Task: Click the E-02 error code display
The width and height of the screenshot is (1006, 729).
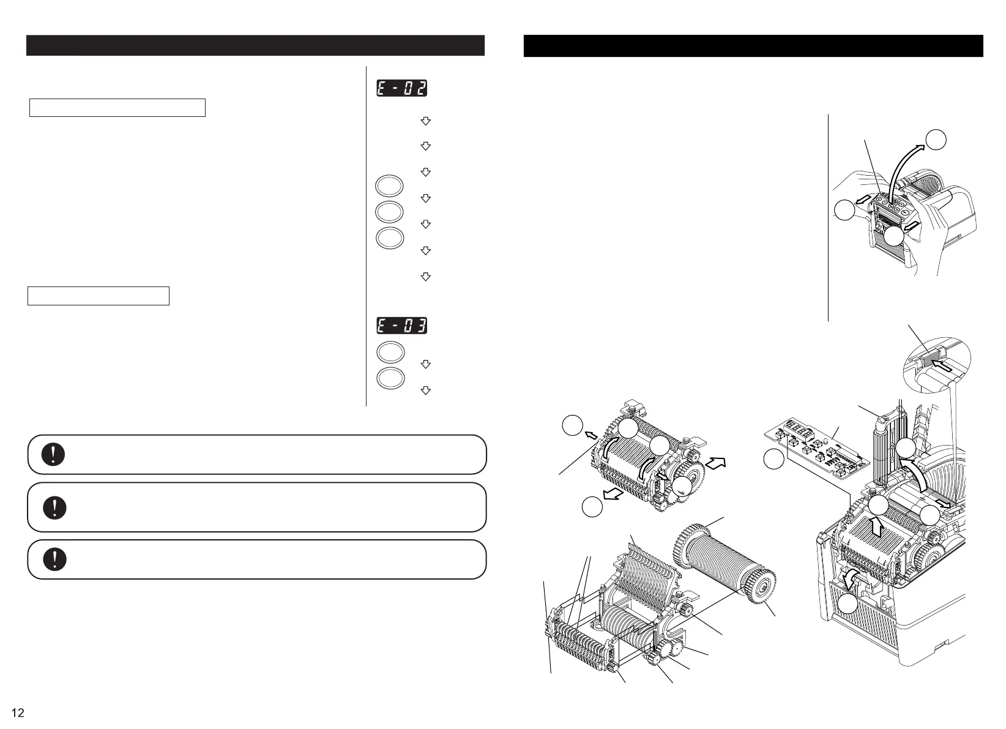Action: coord(401,88)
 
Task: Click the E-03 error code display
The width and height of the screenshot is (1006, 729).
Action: coord(401,326)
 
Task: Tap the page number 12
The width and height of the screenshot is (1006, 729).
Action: coord(18,713)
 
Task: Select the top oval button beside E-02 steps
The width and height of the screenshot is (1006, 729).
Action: coord(390,186)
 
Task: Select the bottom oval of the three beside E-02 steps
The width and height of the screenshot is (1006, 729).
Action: coord(390,238)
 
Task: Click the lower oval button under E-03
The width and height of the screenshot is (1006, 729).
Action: coord(390,378)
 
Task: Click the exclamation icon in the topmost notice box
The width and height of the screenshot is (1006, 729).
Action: coord(54,454)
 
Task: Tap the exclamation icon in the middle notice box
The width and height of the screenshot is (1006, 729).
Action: coord(54,507)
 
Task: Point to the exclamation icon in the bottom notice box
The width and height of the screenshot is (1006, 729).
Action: coord(54,559)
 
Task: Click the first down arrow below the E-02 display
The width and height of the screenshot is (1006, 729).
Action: coord(426,121)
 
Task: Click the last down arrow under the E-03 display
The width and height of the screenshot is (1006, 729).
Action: coord(426,391)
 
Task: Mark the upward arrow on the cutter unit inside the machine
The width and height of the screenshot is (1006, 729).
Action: coord(876,525)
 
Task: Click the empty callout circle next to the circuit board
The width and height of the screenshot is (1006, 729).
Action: coord(774,460)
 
